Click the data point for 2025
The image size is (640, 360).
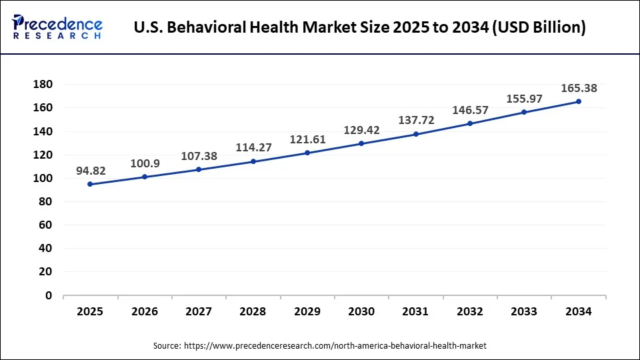[x=90, y=184]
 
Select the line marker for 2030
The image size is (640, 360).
[x=361, y=143]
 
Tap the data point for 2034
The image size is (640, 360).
[x=578, y=101]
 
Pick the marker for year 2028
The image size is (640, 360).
[x=253, y=161]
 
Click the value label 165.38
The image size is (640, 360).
[x=579, y=87]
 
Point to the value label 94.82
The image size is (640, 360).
[x=91, y=171]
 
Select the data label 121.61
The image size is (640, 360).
[x=307, y=139]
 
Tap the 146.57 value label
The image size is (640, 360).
[x=470, y=110]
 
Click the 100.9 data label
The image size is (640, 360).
[x=145, y=163]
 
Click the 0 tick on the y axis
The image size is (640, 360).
[x=49, y=295]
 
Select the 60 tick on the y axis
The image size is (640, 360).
[x=45, y=225]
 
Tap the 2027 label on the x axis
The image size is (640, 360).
[x=199, y=311]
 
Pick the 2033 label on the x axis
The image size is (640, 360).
[x=524, y=311]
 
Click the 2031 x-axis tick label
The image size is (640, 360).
[x=415, y=311]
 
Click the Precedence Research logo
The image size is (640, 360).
[x=57, y=27]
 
